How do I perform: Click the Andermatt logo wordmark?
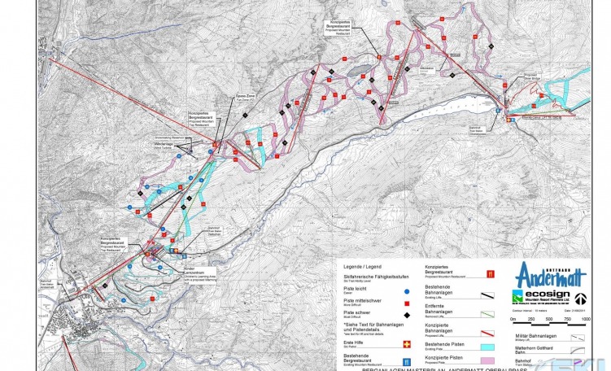[x=546, y=274]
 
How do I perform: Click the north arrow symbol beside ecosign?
[x=581, y=299]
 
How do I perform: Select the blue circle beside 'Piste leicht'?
[x=406, y=290]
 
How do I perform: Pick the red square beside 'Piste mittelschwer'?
[x=406, y=302]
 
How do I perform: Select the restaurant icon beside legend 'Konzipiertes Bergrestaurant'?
[x=490, y=273]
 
